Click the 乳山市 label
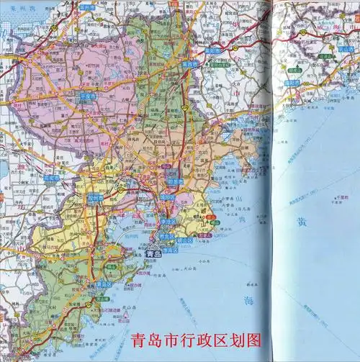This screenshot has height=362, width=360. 346,49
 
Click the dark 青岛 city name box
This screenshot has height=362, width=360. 153,253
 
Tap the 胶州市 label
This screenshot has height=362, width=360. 96,196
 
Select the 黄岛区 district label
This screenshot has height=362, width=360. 104,284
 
